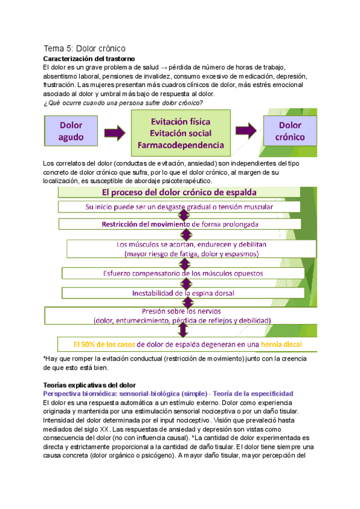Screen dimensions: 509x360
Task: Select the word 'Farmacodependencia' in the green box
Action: coord(180,145)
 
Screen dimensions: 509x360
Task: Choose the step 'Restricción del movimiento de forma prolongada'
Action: coord(180,224)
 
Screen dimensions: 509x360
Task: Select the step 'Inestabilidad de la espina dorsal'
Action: coord(180,293)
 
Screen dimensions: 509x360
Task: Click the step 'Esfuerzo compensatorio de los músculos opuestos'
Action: coord(180,274)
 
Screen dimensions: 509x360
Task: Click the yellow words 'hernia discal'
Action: coord(277,345)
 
